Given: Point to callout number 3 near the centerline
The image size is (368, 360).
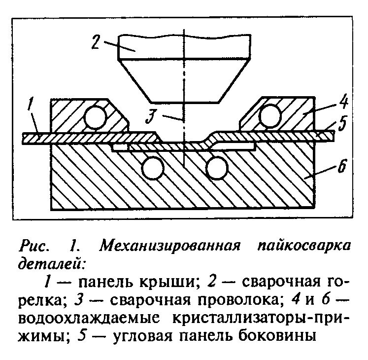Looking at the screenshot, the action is pos(150,116).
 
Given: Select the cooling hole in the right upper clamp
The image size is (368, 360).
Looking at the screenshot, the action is pos(270,115).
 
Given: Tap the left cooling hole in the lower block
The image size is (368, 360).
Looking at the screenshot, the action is pos(153,169).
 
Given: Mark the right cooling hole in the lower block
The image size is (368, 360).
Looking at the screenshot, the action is pos(217,168).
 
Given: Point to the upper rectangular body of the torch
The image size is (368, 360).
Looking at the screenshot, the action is pos(184,46).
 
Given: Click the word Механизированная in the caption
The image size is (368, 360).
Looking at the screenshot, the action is pos(169,246).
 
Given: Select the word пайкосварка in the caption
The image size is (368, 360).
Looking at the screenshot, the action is pos(303,246).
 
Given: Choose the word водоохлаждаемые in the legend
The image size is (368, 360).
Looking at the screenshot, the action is pos(89,318).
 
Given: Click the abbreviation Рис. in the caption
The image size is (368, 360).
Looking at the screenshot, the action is pos(34,246).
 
